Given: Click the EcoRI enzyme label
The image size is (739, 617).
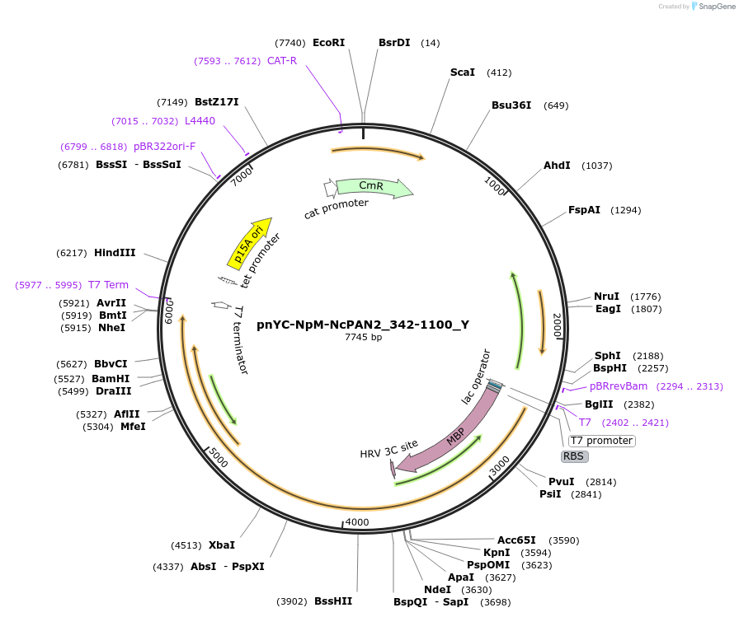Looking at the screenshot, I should [328, 43].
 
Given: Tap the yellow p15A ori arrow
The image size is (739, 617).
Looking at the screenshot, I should [249, 244].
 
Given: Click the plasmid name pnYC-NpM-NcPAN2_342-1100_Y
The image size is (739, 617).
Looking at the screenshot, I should [363, 325].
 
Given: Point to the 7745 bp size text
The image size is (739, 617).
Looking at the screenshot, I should [363, 337].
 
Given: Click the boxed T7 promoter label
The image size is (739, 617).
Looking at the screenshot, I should [601, 441].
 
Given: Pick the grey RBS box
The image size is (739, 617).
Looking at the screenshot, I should [574, 456].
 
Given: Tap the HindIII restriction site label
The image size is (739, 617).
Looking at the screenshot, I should [115, 253].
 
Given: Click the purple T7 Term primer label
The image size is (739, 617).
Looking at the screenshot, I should [108, 285].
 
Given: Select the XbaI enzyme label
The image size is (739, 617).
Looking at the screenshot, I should [221, 545].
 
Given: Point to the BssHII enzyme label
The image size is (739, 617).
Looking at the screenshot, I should [333, 601].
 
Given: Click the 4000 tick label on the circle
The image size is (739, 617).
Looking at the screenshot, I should [357, 522].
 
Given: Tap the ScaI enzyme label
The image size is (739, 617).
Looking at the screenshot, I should [462, 72].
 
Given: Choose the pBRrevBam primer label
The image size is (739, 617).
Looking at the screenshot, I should [619, 386].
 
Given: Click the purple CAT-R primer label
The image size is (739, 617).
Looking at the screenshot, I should [281, 60].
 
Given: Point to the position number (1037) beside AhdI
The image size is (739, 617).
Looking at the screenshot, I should [596, 166].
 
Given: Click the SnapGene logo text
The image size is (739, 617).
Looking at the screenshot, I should [714, 6].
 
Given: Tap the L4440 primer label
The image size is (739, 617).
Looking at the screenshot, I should [200, 121].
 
